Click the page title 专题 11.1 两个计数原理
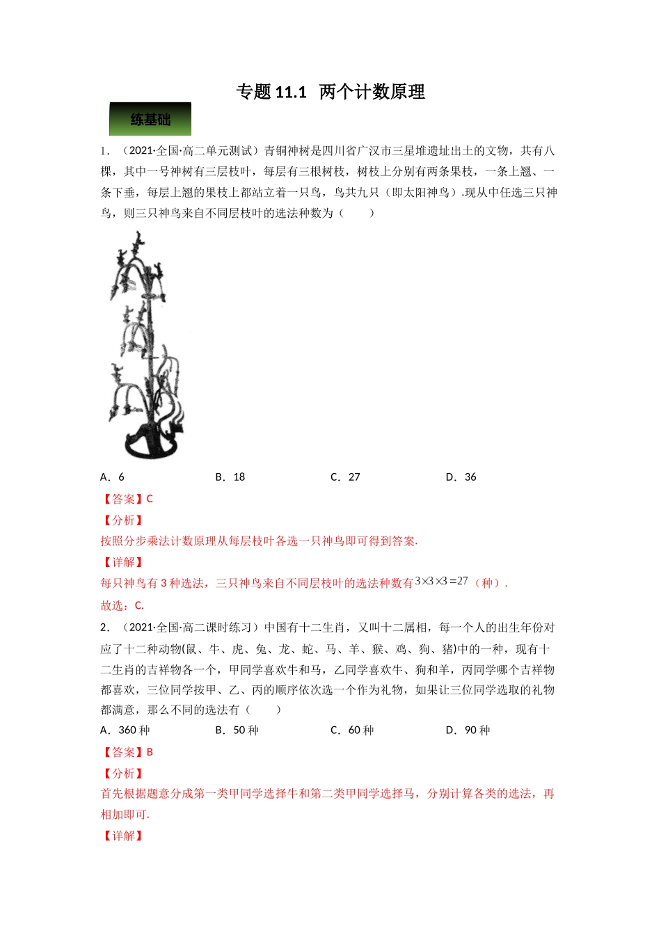pos(330,92)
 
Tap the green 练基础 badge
pos(150,120)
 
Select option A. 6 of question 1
pos(113,477)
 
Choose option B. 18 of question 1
pos(230,477)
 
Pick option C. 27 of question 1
pos(345,477)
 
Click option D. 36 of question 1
pos(461,477)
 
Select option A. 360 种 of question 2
pos(125,730)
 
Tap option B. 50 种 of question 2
pos(237,730)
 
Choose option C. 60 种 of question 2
pos(352,730)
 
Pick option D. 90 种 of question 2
pos(468,730)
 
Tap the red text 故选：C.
pos(122,605)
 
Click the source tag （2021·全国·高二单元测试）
pos(190,151)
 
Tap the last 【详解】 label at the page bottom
pos(122,836)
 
